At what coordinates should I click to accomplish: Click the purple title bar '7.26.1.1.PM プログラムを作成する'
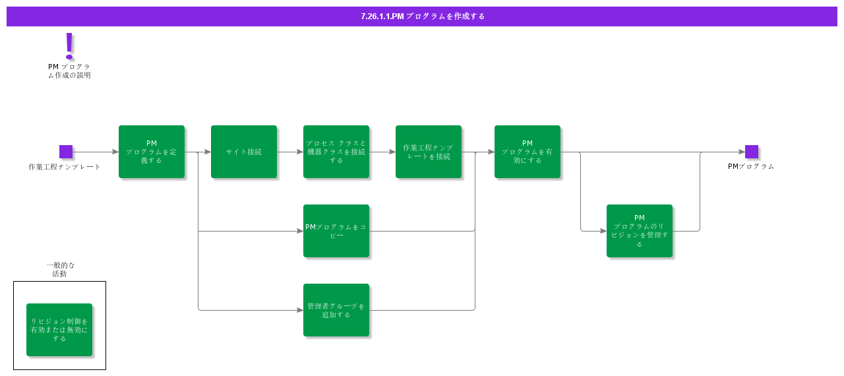point(422,16)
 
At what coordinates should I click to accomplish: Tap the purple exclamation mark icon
point(69,46)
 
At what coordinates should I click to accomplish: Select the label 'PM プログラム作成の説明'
point(69,71)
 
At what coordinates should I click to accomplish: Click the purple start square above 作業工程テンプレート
point(66,152)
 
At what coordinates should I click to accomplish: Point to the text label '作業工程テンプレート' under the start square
point(65,167)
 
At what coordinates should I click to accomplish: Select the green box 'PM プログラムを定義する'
point(152,152)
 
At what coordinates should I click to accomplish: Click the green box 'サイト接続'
point(244,152)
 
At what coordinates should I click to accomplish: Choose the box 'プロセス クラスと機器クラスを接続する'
point(336,152)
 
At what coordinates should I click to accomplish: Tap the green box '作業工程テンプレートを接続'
point(429,152)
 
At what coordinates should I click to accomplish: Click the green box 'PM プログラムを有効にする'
point(527,152)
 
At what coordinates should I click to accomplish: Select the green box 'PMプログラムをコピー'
point(336,231)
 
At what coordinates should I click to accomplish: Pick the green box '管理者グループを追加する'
point(336,310)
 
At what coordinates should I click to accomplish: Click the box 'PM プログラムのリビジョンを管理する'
point(640,231)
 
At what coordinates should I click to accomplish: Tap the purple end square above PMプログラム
point(752,152)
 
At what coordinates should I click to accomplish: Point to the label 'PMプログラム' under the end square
point(751,167)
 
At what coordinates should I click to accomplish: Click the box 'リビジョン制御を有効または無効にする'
point(59,330)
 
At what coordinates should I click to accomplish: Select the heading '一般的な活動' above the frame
point(60,269)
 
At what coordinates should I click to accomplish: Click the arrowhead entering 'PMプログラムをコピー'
point(299,231)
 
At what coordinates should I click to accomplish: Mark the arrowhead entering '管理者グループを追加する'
point(299,310)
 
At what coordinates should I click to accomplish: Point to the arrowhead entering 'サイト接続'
point(207,152)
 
